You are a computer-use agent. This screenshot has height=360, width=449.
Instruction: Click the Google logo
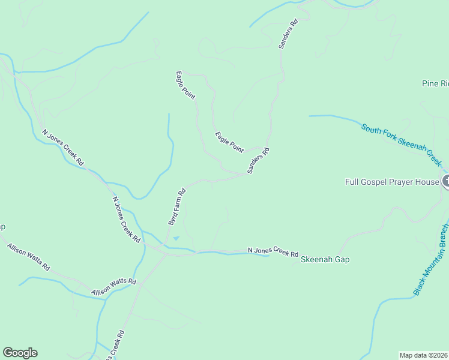[x=20, y=353]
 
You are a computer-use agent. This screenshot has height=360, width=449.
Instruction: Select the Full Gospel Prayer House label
[x=392, y=182]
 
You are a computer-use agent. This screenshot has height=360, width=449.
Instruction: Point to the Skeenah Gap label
[x=325, y=260]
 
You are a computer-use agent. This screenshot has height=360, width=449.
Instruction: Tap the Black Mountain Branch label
[x=430, y=260]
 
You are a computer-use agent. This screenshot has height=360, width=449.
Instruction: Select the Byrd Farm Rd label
[x=177, y=207]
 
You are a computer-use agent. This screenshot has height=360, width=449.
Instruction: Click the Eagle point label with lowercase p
[x=185, y=85]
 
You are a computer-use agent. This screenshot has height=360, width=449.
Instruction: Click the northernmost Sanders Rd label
[x=288, y=34]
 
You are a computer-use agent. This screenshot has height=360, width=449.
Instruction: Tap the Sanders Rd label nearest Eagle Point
[x=258, y=161]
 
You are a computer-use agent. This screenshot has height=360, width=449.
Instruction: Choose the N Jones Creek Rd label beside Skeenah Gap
[x=273, y=252]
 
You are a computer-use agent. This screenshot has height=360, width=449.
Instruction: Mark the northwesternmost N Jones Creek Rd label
[x=63, y=148]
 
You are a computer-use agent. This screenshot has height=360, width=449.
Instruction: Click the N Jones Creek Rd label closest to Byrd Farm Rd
[x=127, y=219]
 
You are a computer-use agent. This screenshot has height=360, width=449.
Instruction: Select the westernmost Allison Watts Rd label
[x=28, y=256]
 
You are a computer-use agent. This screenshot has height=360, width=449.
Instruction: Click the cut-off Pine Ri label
[x=435, y=84]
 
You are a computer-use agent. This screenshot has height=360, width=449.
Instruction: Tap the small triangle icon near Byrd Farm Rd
[x=176, y=238]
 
